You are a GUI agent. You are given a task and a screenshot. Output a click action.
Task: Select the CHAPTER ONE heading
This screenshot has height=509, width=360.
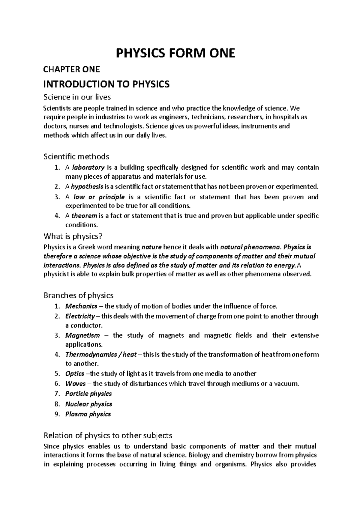pyautogui.click(x=71, y=70)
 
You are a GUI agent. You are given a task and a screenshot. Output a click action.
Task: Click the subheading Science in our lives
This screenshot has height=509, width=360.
pyautogui.click(x=77, y=97)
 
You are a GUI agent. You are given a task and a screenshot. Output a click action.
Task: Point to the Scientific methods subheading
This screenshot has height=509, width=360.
pyautogui.click(x=76, y=156)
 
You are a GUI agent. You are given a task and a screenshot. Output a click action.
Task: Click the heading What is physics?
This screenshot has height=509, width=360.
pyautogui.click(x=73, y=236)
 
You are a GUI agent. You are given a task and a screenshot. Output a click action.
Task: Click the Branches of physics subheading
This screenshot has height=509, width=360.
pyautogui.click(x=78, y=295)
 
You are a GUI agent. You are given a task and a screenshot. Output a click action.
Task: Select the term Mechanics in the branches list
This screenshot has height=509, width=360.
pyautogui.click(x=81, y=306)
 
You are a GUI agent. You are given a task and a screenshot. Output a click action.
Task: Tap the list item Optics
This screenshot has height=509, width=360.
pyautogui.click(x=75, y=374)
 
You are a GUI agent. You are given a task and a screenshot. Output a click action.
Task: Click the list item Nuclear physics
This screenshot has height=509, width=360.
pyautogui.click(x=88, y=404)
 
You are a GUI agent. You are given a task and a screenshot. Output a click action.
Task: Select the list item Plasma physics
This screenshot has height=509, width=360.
pyautogui.click(x=88, y=414)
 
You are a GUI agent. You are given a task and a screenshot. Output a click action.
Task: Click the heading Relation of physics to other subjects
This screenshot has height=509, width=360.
pyautogui.click(x=108, y=435)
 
